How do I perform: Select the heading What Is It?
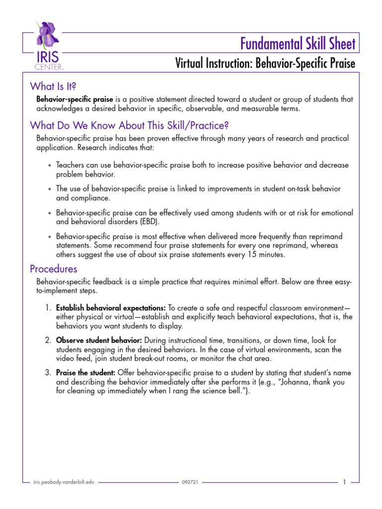pyautogui.click(x=53, y=86)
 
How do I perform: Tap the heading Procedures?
pyautogui.click(x=54, y=269)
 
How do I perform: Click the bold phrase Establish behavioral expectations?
pyautogui.click(x=111, y=308)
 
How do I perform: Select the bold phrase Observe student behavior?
pyautogui.click(x=99, y=340)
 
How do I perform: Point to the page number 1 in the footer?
pyautogui.click(x=345, y=482)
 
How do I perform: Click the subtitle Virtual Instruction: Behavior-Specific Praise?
pyautogui.click(x=265, y=64)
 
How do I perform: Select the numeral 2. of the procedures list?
pyautogui.click(x=48, y=340)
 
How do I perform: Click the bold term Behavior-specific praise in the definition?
pyautogui.click(x=75, y=99)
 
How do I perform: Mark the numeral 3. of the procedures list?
pyautogui.click(x=48, y=372)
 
